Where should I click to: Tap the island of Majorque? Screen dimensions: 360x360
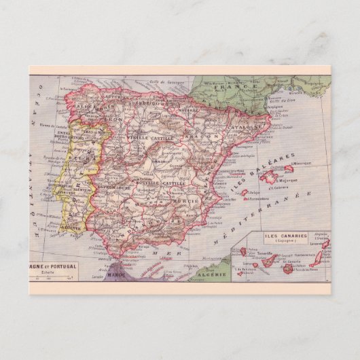(x=272, y=179)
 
